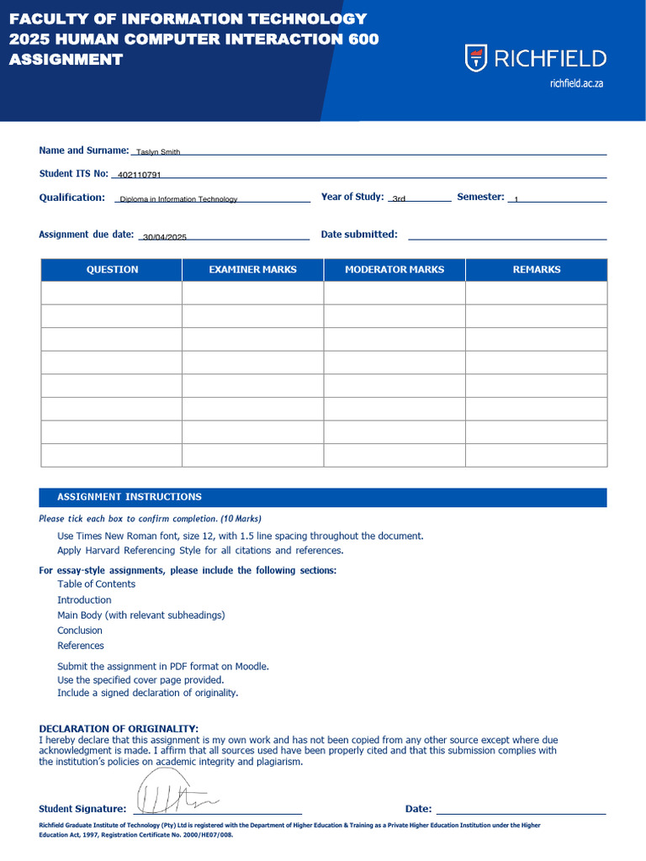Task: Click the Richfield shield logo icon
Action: tap(476, 58)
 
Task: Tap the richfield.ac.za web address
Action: tap(576, 83)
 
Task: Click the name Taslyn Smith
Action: tap(158, 152)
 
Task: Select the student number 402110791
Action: tap(139, 175)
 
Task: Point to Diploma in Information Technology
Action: tap(178, 199)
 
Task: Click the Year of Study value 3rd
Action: tap(399, 199)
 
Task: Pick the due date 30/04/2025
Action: tap(165, 237)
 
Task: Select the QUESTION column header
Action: tap(112, 270)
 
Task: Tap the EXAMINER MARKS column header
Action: tap(252, 270)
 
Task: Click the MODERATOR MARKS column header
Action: tap(394, 270)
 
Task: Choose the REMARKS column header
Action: tap(536, 270)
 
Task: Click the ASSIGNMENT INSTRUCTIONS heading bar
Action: tap(323, 497)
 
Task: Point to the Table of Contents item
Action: tap(96, 584)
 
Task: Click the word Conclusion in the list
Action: tap(80, 631)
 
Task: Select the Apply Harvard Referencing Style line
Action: tap(200, 551)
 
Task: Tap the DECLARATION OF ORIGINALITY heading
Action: tap(119, 728)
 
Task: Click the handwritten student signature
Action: tap(172, 795)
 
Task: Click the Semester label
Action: tap(480, 197)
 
